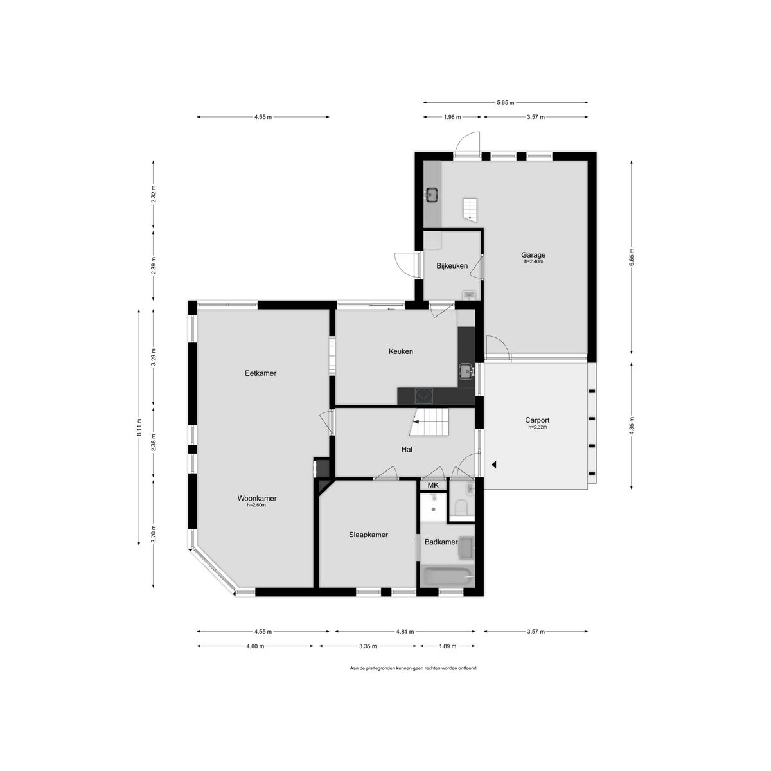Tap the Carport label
(537, 420)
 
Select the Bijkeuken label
(452, 266)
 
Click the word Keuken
(400, 351)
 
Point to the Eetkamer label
(260, 373)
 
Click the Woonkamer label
(256, 498)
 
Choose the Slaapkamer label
(368, 535)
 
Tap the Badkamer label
(441, 542)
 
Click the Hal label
(406, 450)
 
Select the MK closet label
(433, 485)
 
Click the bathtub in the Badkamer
(447, 576)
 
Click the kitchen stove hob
(424, 396)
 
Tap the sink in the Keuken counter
(466, 371)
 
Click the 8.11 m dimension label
(139, 427)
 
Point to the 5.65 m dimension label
(505, 102)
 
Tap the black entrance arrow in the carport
(494, 464)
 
